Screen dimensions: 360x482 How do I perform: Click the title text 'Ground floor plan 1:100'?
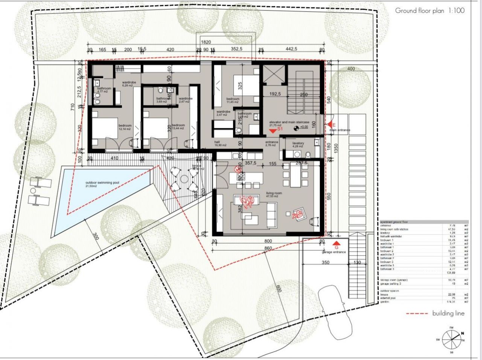coord(430,11)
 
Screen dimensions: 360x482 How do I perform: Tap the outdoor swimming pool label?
coord(102,184)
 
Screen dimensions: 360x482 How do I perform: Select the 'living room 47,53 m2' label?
coord(273,194)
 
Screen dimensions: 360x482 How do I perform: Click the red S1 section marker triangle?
coord(273,130)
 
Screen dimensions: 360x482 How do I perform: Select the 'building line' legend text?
coord(448,313)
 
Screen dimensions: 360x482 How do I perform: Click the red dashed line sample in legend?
coord(417,313)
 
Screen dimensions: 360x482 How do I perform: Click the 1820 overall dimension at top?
coord(206,43)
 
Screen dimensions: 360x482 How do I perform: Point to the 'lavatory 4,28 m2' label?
coord(298,145)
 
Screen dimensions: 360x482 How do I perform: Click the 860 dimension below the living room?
coord(268,248)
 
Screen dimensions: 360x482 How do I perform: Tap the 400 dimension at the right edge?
coord(351,69)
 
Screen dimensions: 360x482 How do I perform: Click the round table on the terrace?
coord(185,179)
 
